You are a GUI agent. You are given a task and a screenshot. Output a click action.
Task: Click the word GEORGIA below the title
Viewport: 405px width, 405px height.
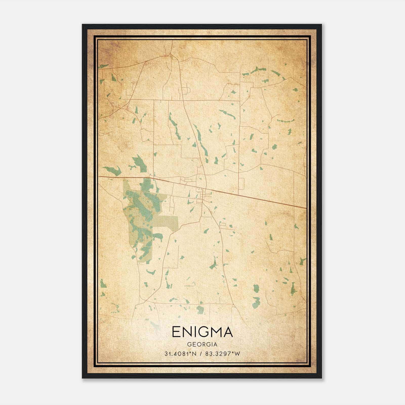202,345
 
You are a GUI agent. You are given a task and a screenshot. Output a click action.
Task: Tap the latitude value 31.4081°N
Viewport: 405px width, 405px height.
180,354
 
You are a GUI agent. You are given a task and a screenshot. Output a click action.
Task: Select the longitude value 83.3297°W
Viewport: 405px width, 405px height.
222,354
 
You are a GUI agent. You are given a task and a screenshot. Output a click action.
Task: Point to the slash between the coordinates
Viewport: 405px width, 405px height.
201,354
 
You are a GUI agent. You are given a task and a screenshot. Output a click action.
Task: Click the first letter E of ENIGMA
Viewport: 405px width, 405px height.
176,332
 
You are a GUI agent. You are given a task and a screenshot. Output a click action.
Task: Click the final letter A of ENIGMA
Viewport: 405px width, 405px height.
228,332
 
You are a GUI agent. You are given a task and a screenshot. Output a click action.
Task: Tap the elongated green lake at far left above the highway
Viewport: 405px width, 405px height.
112,171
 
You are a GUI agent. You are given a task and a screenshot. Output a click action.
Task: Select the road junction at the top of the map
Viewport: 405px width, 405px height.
171,54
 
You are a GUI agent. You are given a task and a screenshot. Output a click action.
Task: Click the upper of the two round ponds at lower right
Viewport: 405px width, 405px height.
256,288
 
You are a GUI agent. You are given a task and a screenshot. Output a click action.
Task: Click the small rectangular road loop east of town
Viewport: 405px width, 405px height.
241,184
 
